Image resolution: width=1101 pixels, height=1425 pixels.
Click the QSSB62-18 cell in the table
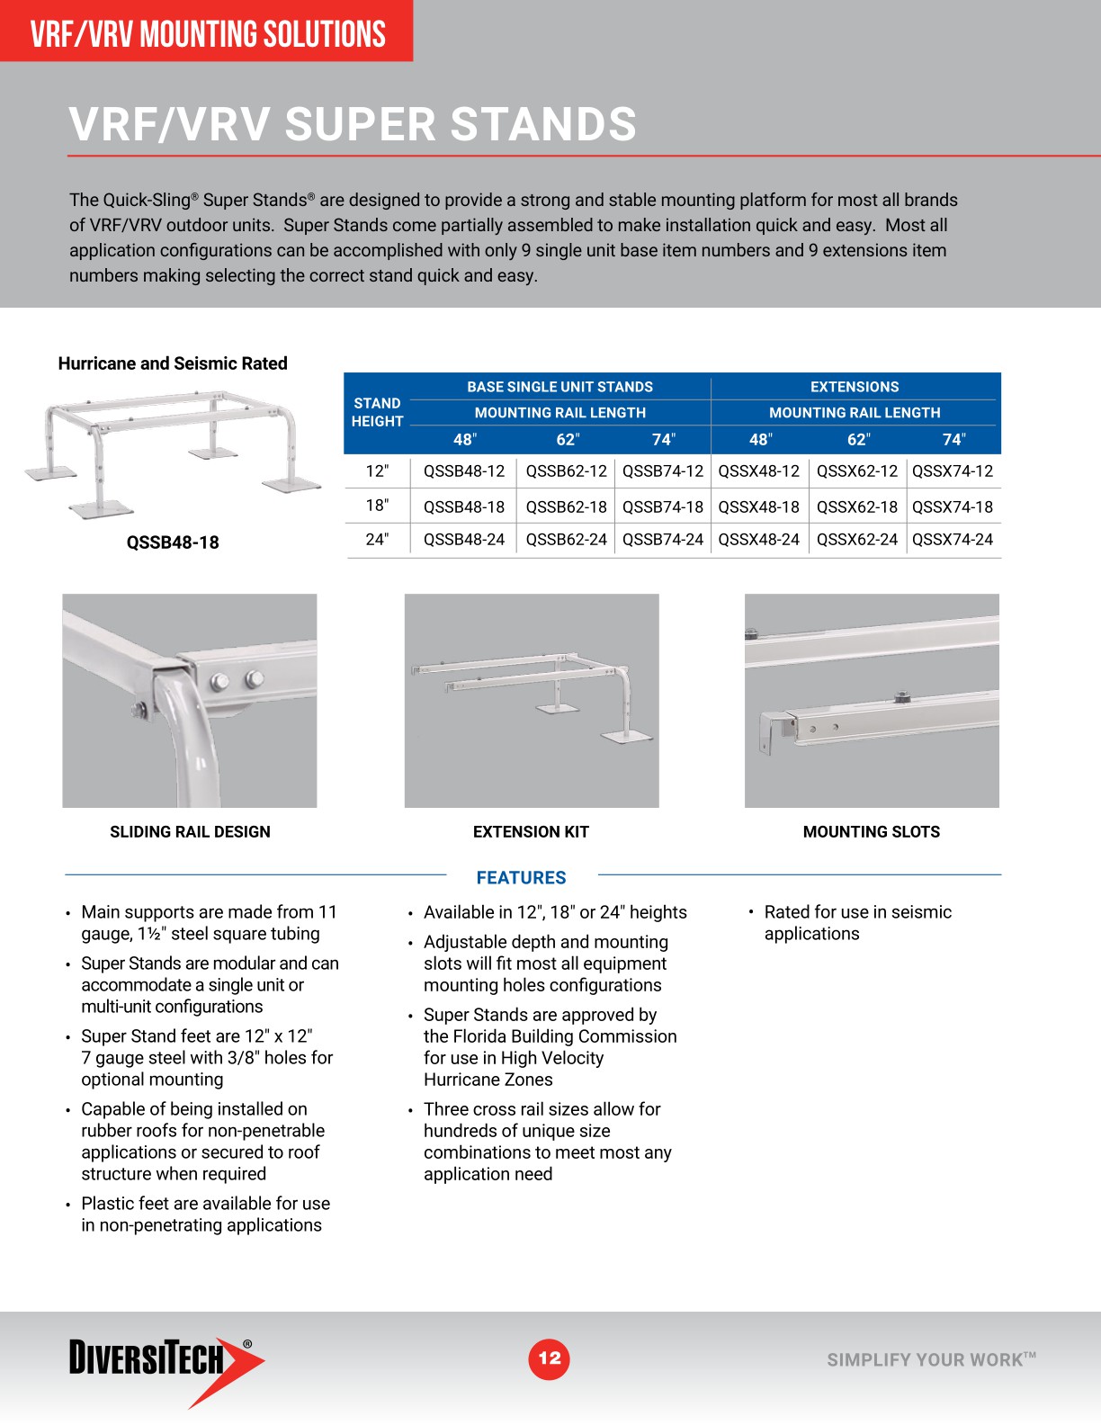tap(566, 506)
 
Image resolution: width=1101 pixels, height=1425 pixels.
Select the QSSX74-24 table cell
tap(952, 540)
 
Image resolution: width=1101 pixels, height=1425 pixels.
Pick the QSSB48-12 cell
tap(464, 471)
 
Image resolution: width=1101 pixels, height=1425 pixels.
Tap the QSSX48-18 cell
tap(758, 506)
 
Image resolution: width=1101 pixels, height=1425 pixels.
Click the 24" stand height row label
tap(377, 540)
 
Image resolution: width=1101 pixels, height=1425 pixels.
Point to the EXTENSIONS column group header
tap(854, 387)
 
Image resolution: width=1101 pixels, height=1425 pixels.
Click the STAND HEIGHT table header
tap(377, 412)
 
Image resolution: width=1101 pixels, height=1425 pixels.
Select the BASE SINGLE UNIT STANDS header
tap(559, 387)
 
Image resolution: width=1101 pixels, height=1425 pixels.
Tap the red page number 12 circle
tap(549, 1358)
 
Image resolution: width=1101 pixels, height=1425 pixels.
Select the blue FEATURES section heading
tap(521, 878)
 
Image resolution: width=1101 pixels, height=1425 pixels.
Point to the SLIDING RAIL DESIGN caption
tap(190, 832)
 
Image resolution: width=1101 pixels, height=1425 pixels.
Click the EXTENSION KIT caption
tap(531, 832)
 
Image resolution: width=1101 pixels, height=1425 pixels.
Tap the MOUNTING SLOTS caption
tap(871, 832)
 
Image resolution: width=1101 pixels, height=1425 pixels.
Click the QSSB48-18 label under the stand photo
tap(173, 542)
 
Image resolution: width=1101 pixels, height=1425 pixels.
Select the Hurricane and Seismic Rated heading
tap(173, 363)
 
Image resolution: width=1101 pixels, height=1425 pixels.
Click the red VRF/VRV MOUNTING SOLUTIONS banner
tap(207, 33)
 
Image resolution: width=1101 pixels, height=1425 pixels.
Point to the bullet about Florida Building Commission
tap(550, 1047)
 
